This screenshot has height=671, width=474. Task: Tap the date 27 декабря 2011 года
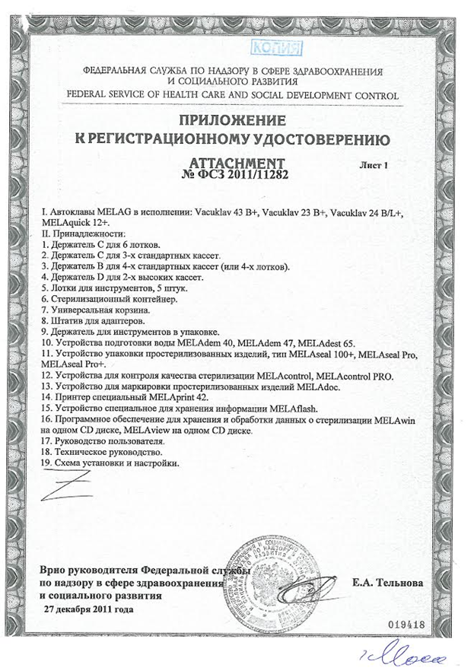pyautogui.click(x=89, y=609)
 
